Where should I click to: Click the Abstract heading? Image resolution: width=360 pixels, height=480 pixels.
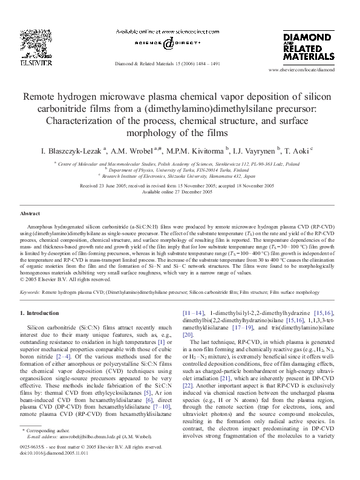pyautogui.click(x=30, y=214)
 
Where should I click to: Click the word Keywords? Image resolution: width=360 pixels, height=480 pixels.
pyautogui.click(x=30, y=291)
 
